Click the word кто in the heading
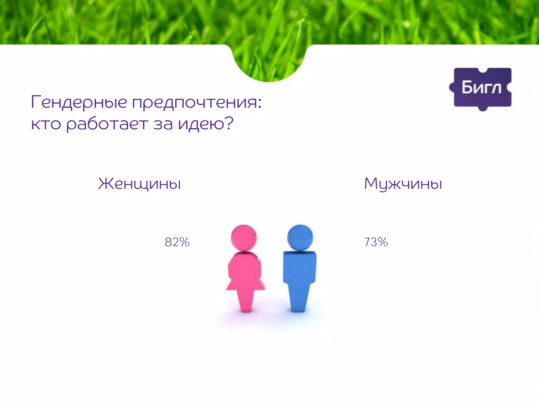(x=46, y=124)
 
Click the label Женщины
(x=139, y=184)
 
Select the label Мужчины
(x=403, y=184)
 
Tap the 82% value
(x=177, y=242)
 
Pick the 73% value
(x=376, y=242)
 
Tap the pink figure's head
(x=244, y=238)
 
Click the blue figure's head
(x=300, y=238)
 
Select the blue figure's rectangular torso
(x=300, y=267)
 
